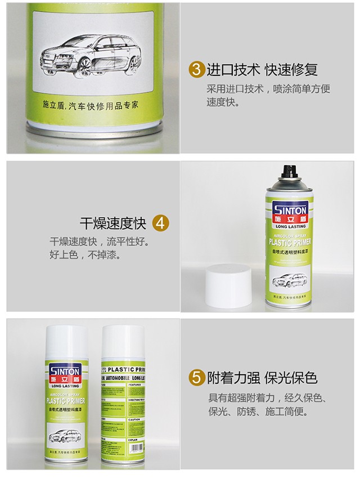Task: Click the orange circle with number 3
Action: pyautogui.click(x=196, y=70)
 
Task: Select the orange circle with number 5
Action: pyautogui.click(x=196, y=378)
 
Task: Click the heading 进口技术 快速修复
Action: pyautogui.click(x=262, y=70)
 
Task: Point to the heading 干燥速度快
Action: pyautogui.click(x=112, y=223)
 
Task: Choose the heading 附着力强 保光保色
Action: pyautogui.click(x=262, y=378)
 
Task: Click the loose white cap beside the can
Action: pyautogui.click(x=228, y=286)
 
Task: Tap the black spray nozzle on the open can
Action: pyautogui.click(x=290, y=171)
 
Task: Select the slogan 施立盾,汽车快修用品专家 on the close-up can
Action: pyautogui.click(x=91, y=105)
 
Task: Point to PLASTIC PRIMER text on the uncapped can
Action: pyautogui.click(x=290, y=243)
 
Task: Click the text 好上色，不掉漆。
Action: pyautogui.click(x=86, y=255)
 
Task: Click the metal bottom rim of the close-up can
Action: pyautogui.click(x=94, y=131)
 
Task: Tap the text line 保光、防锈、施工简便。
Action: pyautogui.click(x=259, y=412)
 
